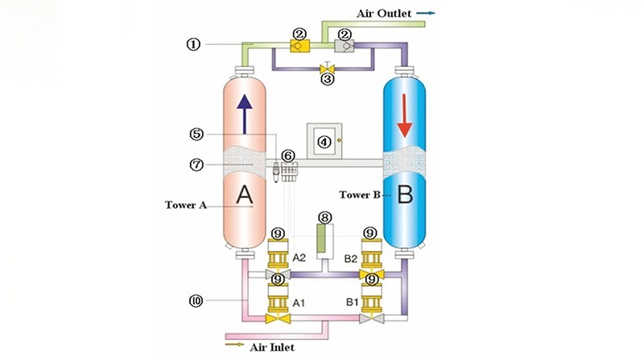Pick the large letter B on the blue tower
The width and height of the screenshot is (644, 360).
click(406, 193)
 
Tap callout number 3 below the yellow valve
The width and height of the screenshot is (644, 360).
click(328, 79)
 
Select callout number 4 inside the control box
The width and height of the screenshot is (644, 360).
click(325, 142)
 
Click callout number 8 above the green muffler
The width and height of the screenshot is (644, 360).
click(324, 217)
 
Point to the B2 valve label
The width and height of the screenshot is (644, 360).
click(353, 258)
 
